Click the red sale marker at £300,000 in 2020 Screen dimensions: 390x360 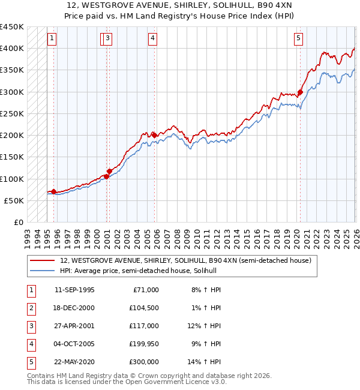pos(300,92)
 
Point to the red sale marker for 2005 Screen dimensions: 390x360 pos(154,135)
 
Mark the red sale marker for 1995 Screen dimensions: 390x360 pos(54,191)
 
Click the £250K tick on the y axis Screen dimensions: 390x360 pos(11,113)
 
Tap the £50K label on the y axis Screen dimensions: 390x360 pos(14,200)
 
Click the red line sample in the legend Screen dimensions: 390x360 pos(42,261)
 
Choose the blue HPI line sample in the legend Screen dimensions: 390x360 pos(42,271)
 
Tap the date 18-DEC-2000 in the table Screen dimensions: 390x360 pos(74,308)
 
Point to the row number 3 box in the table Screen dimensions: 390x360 pos(30,326)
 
